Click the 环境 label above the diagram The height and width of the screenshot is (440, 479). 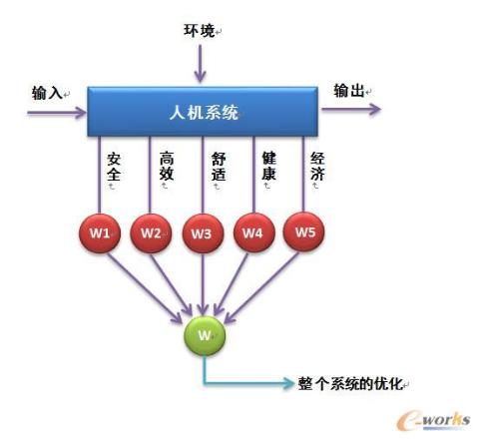coord(199,31)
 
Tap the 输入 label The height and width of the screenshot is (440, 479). coord(47,93)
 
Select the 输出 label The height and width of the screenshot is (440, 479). coord(349,91)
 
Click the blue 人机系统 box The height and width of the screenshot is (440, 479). coord(203,112)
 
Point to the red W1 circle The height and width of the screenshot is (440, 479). coord(100,233)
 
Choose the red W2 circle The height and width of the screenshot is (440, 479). coord(151,233)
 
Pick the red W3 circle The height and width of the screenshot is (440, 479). coord(203,233)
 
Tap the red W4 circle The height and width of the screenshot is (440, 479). coord(254,232)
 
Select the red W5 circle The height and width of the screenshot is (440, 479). coord(303,231)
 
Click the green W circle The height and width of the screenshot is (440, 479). coord(205,335)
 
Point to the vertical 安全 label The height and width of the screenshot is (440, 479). coord(114,167)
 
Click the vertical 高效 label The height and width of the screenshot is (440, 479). coord(167,166)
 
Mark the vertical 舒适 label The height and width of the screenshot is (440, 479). coord(219,167)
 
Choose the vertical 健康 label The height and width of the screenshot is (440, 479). coord(269,166)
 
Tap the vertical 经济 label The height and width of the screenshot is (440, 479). coord(317,166)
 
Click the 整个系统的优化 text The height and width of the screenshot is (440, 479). coord(350,384)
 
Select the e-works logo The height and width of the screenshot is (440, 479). coord(433,420)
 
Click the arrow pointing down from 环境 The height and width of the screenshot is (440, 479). coord(200,64)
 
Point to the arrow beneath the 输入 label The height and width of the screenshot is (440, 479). coord(57,113)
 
